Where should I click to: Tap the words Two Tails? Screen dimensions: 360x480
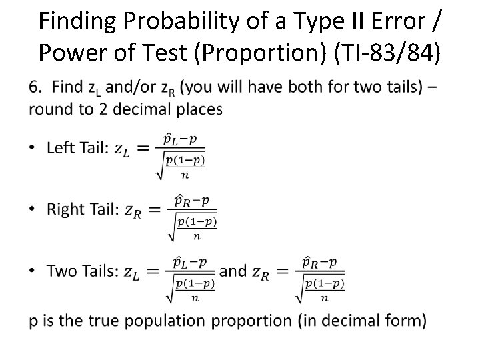80,270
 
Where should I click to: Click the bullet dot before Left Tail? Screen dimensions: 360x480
33,149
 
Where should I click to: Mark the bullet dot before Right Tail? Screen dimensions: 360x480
33,210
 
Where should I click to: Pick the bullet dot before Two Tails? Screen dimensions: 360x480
33,271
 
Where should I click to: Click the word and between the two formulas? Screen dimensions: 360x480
233,270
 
